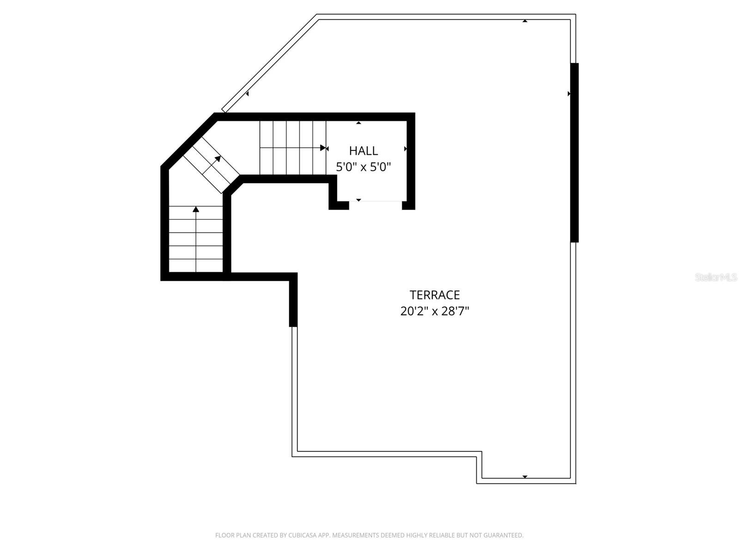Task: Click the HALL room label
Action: click(363, 151)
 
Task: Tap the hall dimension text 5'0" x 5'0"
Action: click(363, 167)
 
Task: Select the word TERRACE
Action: click(435, 295)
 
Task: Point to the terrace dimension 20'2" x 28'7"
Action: click(435, 311)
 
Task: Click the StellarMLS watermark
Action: click(716, 277)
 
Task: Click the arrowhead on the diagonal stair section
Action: click(218, 159)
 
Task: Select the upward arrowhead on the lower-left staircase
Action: click(196, 209)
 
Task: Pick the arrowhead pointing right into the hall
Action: click(323, 148)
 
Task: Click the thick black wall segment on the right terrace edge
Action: click(575, 152)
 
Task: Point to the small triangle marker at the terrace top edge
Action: click(525, 21)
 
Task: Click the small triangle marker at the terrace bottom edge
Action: click(525, 476)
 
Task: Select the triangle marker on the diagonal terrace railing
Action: click(248, 94)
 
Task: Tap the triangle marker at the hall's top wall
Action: click(358, 123)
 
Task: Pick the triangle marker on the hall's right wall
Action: click(406, 149)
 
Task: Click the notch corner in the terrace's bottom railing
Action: click(479, 454)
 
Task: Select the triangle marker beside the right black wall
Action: click(569, 94)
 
